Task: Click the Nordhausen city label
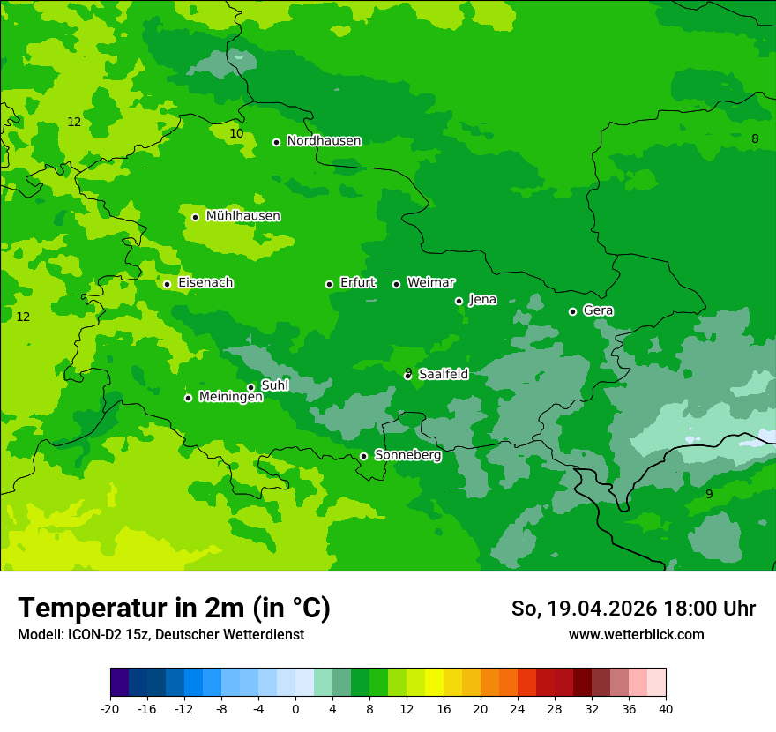pyautogui.click(x=324, y=141)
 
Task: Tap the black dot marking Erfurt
pyautogui.click(x=329, y=284)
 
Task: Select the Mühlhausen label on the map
pyautogui.click(x=242, y=216)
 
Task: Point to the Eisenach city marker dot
pyautogui.click(x=167, y=284)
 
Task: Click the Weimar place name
pyautogui.click(x=430, y=283)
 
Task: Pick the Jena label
pyautogui.click(x=482, y=300)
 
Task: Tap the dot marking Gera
pyautogui.click(x=572, y=311)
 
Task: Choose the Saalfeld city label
pyautogui.click(x=443, y=375)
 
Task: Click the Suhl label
pyautogui.click(x=274, y=385)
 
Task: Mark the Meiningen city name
pyautogui.click(x=230, y=397)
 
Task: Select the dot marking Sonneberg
pyautogui.click(x=363, y=457)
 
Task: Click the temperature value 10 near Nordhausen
pyautogui.click(x=236, y=134)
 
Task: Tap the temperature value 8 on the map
pyautogui.click(x=755, y=139)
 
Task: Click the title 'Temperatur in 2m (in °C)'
pyautogui.click(x=174, y=609)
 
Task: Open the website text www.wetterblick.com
pyautogui.click(x=636, y=635)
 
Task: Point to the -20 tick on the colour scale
pyautogui.click(x=110, y=708)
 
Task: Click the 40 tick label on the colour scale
pyautogui.click(x=665, y=708)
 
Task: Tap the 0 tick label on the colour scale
pyautogui.click(x=295, y=708)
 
